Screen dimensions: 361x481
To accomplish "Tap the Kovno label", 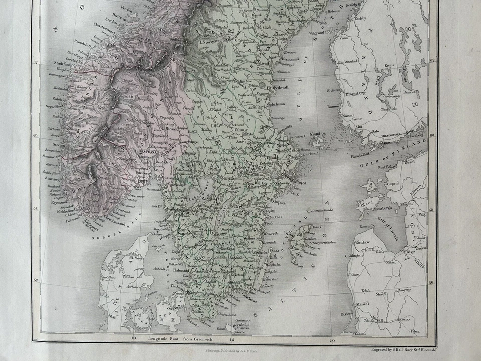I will point(405,319).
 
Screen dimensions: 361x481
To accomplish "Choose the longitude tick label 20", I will point(332,341).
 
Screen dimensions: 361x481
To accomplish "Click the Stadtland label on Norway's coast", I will point(61,63).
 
